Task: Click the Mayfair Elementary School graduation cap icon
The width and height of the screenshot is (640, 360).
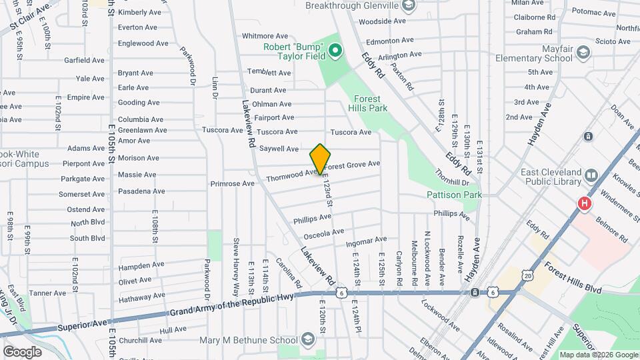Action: pyautogui.click(x=583, y=53)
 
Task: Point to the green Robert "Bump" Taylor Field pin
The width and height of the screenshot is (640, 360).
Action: pyautogui.click(x=335, y=51)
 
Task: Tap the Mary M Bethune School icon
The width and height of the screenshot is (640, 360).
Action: pyautogui.click(x=307, y=341)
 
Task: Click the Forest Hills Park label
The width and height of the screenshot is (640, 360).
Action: pyautogui.click(x=367, y=103)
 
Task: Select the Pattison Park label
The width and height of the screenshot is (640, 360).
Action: pyautogui.click(x=454, y=195)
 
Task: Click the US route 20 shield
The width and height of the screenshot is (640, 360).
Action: pyautogui.click(x=528, y=275)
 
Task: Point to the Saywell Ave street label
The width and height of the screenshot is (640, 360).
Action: pyautogui.click(x=279, y=149)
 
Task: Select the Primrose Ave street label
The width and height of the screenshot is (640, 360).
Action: pyautogui.click(x=232, y=183)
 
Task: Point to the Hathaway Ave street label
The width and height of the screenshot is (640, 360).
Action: pyautogui.click(x=141, y=295)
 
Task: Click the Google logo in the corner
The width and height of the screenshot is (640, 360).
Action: pyautogui.click(x=23, y=351)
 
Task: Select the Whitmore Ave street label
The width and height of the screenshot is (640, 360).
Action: pyautogui.click(x=265, y=36)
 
